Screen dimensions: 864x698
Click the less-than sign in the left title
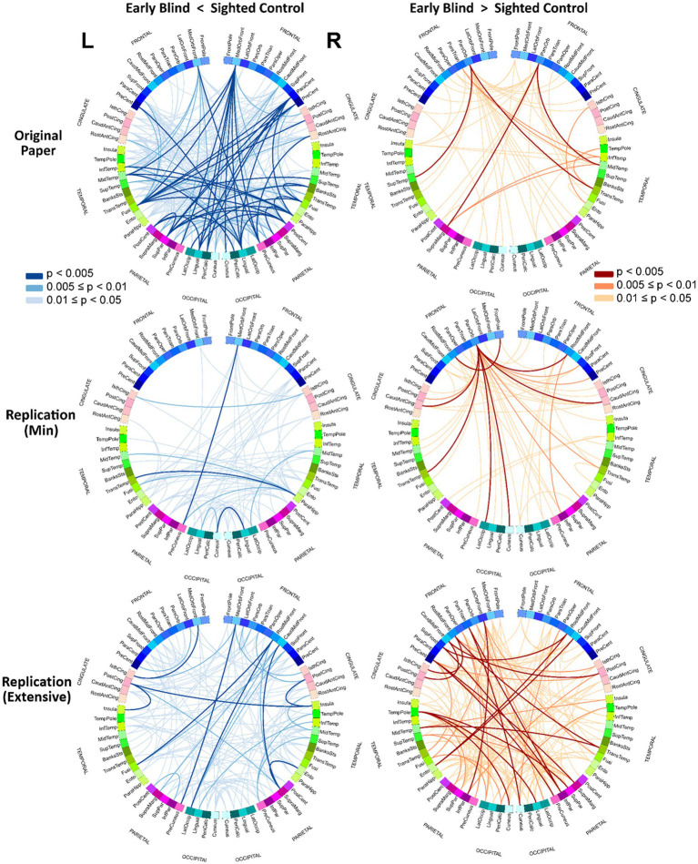[217, 9]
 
